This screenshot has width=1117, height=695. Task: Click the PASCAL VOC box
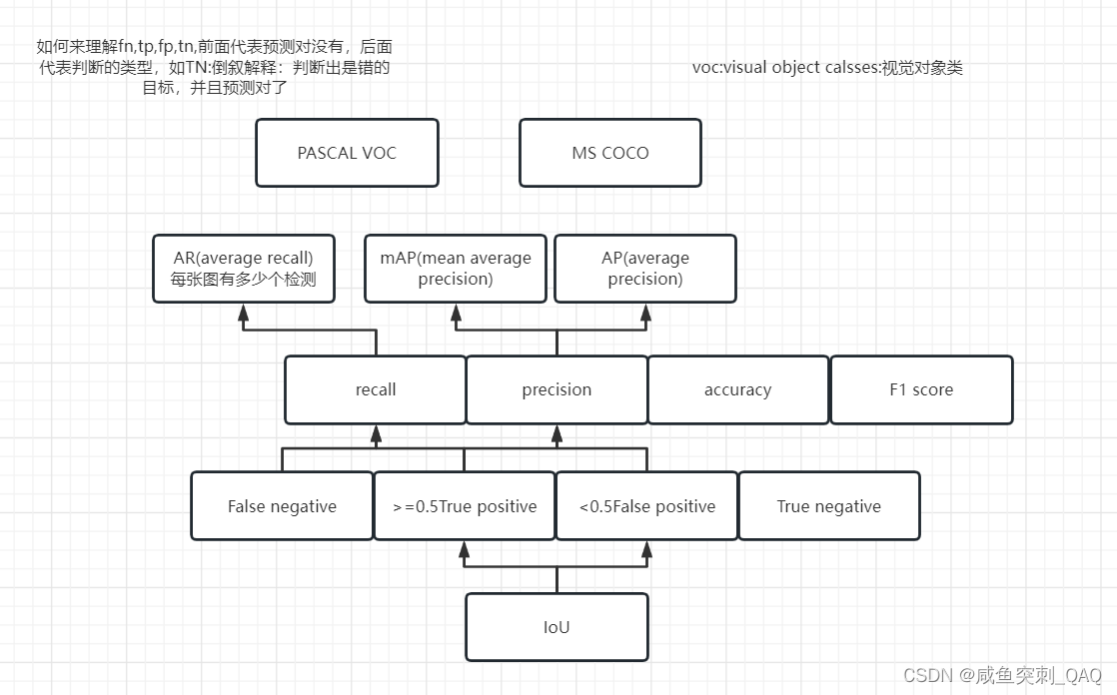(347, 153)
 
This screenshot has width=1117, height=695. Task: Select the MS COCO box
(609, 153)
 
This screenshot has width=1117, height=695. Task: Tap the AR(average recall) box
(243, 269)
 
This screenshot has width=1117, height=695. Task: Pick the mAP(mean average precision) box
(456, 269)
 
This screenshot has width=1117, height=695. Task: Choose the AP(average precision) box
(644, 269)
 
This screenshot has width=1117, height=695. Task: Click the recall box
(376, 389)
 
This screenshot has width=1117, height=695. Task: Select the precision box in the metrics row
(557, 389)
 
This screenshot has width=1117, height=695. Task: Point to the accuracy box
(737, 389)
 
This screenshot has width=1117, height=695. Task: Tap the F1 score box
(921, 389)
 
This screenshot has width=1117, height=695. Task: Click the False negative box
(282, 506)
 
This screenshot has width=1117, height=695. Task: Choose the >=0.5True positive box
(465, 506)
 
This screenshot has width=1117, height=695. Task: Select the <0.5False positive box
(646, 506)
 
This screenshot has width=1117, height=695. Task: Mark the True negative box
(828, 506)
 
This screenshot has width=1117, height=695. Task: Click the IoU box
(557, 627)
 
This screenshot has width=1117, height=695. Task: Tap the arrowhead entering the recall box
(376, 433)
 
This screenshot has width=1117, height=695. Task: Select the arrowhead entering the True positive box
(464, 549)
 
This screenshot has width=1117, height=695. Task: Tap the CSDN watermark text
(1001, 675)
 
